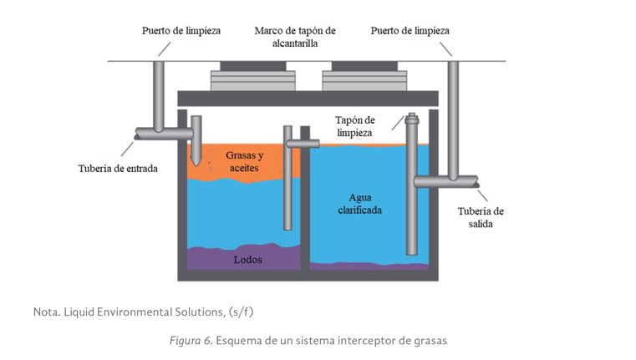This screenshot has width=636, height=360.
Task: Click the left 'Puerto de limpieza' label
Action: click(x=181, y=31)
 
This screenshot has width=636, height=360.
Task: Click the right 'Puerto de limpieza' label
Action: click(x=409, y=31)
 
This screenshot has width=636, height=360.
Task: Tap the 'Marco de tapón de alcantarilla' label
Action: click(x=294, y=37)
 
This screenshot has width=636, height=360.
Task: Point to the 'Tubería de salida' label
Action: click(x=481, y=217)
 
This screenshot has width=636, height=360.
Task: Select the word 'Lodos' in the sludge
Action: click(x=247, y=259)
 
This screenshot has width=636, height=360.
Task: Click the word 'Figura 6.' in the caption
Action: click(x=190, y=341)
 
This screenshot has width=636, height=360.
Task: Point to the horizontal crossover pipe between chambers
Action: click(x=302, y=144)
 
